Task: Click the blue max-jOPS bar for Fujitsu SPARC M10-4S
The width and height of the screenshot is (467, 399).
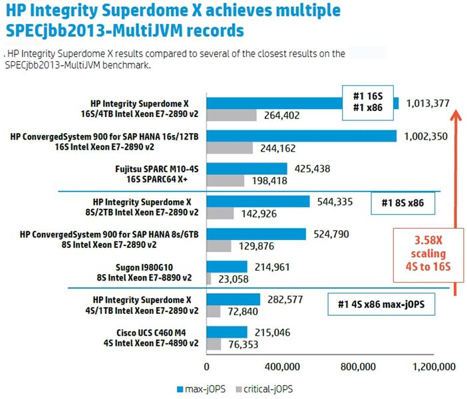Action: pos(247,169)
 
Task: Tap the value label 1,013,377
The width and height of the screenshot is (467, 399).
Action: pos(427,103)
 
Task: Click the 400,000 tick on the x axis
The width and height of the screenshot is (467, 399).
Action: pos(285,366)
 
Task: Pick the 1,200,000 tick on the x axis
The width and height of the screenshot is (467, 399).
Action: pos(434,366)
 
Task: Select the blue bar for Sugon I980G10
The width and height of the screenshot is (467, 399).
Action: pos(227,267)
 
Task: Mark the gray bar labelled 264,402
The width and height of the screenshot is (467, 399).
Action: pos(232,115)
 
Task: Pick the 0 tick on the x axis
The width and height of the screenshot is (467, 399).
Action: pos(207,366)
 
